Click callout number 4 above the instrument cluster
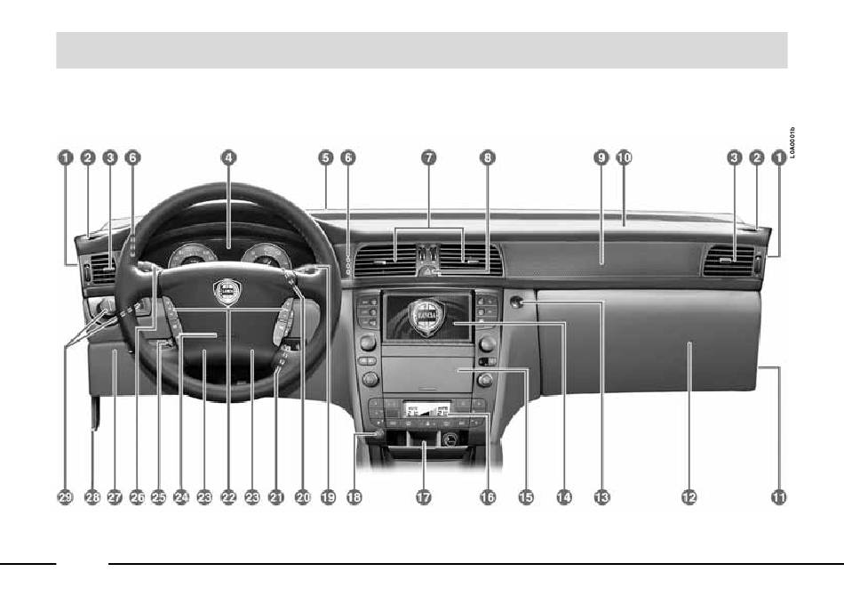tap(228, 157)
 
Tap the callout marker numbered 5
tap(326, 157)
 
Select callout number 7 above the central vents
tap(428, 157)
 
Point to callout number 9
tap(601, 157)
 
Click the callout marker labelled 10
tap(624, 157)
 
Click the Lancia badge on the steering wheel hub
tap(228, 290)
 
